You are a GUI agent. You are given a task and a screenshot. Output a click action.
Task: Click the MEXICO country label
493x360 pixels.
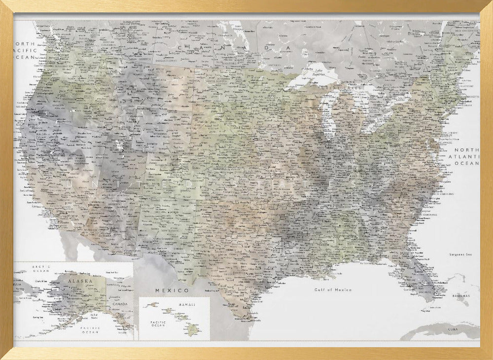172,290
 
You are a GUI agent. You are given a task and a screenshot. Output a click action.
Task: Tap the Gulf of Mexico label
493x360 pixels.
333,290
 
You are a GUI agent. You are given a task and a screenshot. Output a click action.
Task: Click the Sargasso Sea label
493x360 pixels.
460,254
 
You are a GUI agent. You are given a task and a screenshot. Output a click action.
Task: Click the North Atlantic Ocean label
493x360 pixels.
466,156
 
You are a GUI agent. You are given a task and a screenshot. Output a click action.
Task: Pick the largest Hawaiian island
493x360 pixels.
193,330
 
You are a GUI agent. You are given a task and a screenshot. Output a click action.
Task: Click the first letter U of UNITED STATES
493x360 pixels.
69,184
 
